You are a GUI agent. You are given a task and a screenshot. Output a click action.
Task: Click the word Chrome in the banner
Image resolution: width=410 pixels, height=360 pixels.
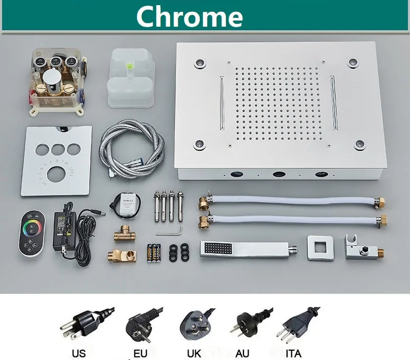click(190, 16)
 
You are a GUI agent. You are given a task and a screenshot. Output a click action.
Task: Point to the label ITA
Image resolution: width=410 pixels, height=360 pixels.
click(293, 354)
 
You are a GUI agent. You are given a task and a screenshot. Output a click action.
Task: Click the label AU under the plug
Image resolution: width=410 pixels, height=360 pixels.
click(242, 354)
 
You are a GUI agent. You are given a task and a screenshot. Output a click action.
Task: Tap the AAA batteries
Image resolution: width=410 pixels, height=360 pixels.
click(154, 253)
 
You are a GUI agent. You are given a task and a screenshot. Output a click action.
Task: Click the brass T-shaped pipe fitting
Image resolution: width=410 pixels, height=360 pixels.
click(125, 234)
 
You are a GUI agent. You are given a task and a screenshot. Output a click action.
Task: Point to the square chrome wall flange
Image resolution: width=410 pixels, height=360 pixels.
click(320, 248)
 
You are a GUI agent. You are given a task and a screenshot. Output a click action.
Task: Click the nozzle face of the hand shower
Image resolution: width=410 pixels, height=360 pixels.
click(218, 249)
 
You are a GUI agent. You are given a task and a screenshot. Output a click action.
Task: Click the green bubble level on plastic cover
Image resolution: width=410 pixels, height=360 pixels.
click(129, 66)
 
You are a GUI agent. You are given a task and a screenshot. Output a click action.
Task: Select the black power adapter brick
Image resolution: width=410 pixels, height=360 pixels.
click(64, 230)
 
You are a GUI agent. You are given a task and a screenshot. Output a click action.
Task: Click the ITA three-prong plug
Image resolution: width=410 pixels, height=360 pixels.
click(298, 325)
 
